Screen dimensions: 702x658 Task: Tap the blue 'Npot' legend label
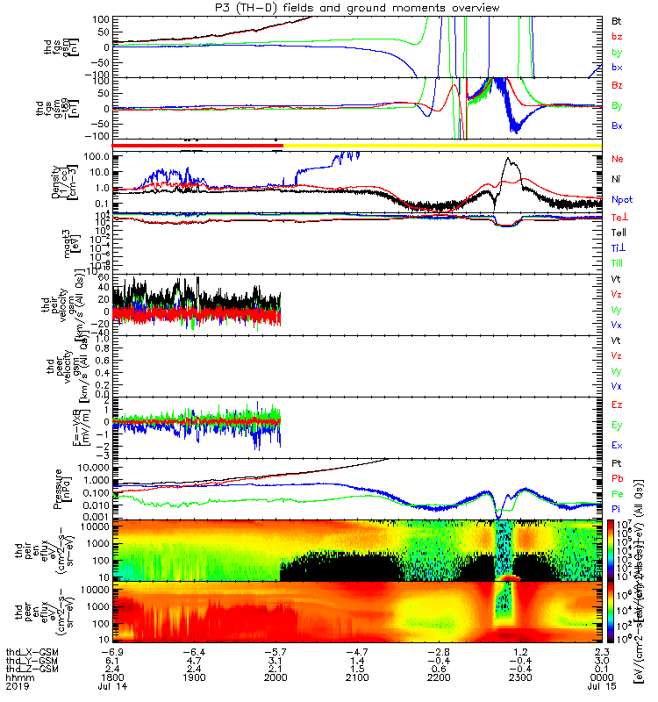[x=621, y=199]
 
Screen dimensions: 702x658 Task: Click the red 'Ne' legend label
[x=618, y=159]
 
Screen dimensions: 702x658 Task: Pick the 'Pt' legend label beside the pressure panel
[x=617, y=462]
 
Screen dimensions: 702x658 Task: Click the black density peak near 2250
[x=507, y=160]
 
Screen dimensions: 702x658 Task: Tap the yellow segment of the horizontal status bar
[x=439, y=144]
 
